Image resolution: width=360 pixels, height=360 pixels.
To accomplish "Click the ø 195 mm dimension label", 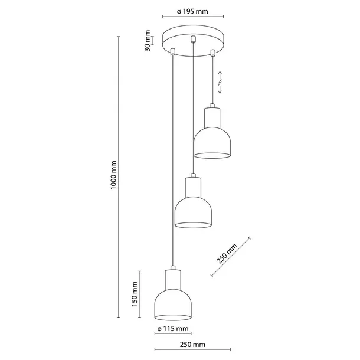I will coord(191,11).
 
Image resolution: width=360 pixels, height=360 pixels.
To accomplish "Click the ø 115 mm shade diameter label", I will coord(173,329).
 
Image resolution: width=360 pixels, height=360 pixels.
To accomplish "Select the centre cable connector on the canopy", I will coord(192,40).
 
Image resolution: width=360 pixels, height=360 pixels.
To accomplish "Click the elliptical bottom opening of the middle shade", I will coord(192,225).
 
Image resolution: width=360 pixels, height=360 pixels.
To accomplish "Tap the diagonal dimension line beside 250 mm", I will coord(231,257).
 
